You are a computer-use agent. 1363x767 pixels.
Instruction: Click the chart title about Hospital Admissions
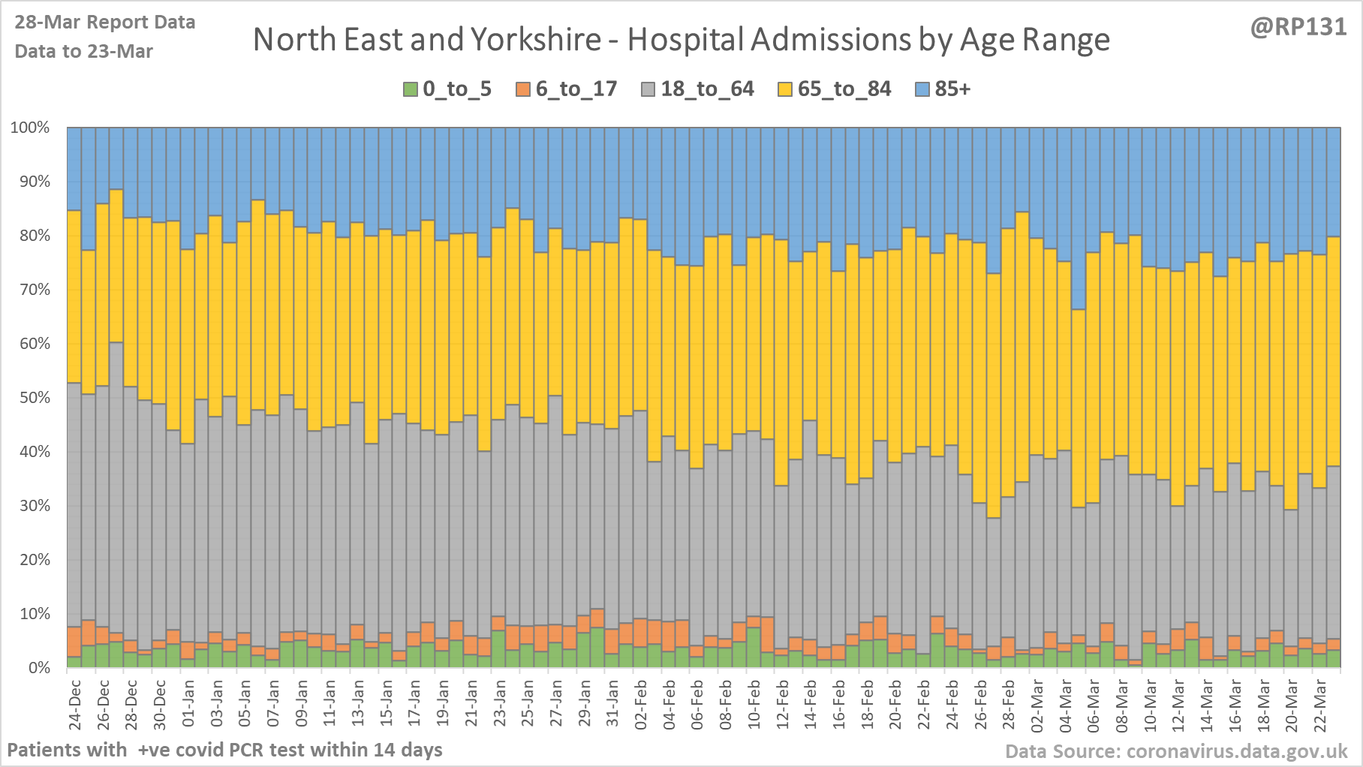click(681, 40)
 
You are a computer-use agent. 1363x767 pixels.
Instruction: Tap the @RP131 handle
click(1298, 27)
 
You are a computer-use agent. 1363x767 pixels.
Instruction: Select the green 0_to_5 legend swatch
click(411, 89)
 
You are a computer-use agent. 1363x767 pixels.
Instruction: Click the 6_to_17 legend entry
click(567, 89)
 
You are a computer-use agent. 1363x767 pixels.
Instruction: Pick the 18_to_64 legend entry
click(698, 89)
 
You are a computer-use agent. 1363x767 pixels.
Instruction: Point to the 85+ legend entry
click(943, 89)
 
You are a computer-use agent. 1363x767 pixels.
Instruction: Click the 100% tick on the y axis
click(30, 128)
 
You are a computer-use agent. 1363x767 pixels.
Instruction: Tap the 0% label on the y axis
click(38, 668)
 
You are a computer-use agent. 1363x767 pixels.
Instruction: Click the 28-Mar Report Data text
click(105, 23)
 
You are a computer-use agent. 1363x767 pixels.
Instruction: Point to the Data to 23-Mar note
click(84, 52)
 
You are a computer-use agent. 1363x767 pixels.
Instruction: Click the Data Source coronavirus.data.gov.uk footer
click(1176, 752)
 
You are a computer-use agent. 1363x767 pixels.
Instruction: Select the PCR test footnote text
click(224, 750)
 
